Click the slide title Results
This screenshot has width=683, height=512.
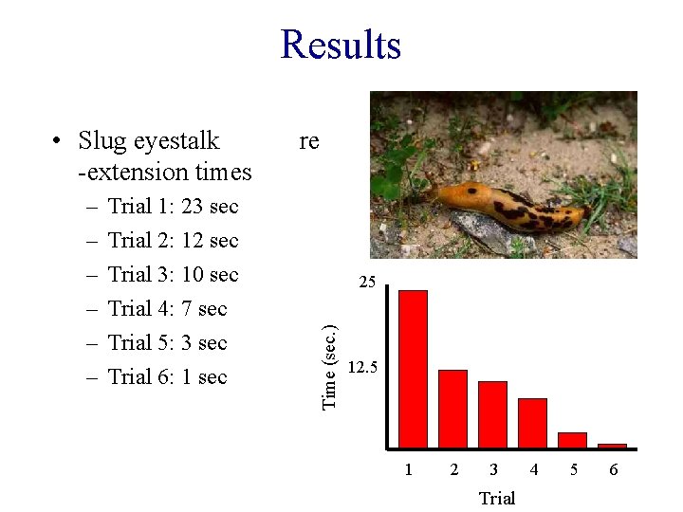[341, 46]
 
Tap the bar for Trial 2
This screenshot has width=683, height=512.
[452, 408]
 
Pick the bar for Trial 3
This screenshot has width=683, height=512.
[492, 413]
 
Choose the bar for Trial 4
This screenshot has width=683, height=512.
[532, 422]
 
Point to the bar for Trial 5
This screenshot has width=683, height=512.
[572, 439]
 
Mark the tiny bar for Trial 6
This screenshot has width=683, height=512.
[612, 445]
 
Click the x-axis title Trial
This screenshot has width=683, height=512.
[496, 498]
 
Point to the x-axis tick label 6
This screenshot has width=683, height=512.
[613, 469]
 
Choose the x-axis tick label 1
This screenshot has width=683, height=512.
[408, 469]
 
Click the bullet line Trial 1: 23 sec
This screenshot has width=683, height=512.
[173, 207]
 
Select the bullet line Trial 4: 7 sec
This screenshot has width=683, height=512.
[167, 309]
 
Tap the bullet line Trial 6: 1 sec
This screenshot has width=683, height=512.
[167, 377]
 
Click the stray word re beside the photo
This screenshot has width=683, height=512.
[308, 141]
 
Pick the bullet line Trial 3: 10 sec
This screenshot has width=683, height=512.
[173, 275]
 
